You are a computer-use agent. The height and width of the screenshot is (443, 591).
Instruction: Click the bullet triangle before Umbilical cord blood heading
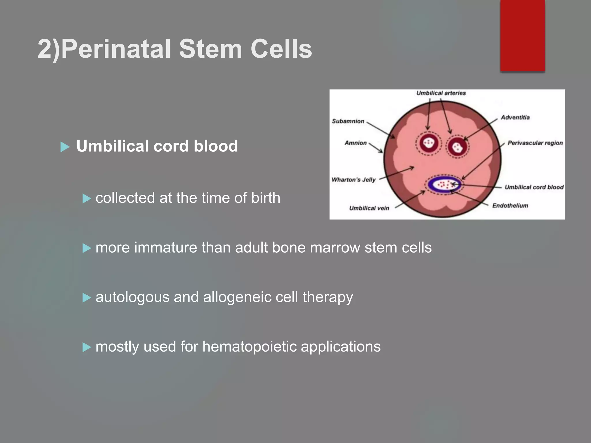pos(65,147)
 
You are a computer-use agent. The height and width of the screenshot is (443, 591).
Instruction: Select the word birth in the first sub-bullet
pos(265,198)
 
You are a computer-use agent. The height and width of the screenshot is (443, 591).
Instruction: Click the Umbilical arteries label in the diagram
pos(441,93)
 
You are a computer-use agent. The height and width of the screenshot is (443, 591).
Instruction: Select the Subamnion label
pos(348,121)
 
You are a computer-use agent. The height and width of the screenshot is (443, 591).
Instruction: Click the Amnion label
pos(356,143)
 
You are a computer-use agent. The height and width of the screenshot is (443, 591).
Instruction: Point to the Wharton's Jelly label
pos(354,180)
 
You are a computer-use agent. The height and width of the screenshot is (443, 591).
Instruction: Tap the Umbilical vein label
pos(369,208)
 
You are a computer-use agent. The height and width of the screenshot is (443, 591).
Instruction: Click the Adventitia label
pos(515,117)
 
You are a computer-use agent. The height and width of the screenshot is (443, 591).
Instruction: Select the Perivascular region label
pos(535,143)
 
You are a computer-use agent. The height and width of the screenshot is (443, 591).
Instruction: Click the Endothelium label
pos(510,206)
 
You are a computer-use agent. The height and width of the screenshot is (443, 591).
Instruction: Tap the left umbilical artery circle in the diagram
pos(429,143)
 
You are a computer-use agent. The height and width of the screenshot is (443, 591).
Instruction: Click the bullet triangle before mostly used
pos(87,347)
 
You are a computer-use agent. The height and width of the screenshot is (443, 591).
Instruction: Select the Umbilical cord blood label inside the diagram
pos(534,187)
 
